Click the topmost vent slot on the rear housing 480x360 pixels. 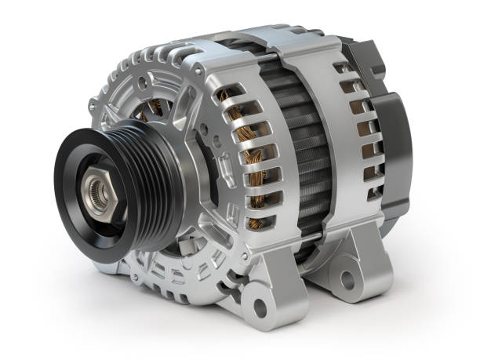pyautogui.click(x=342, y=69)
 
